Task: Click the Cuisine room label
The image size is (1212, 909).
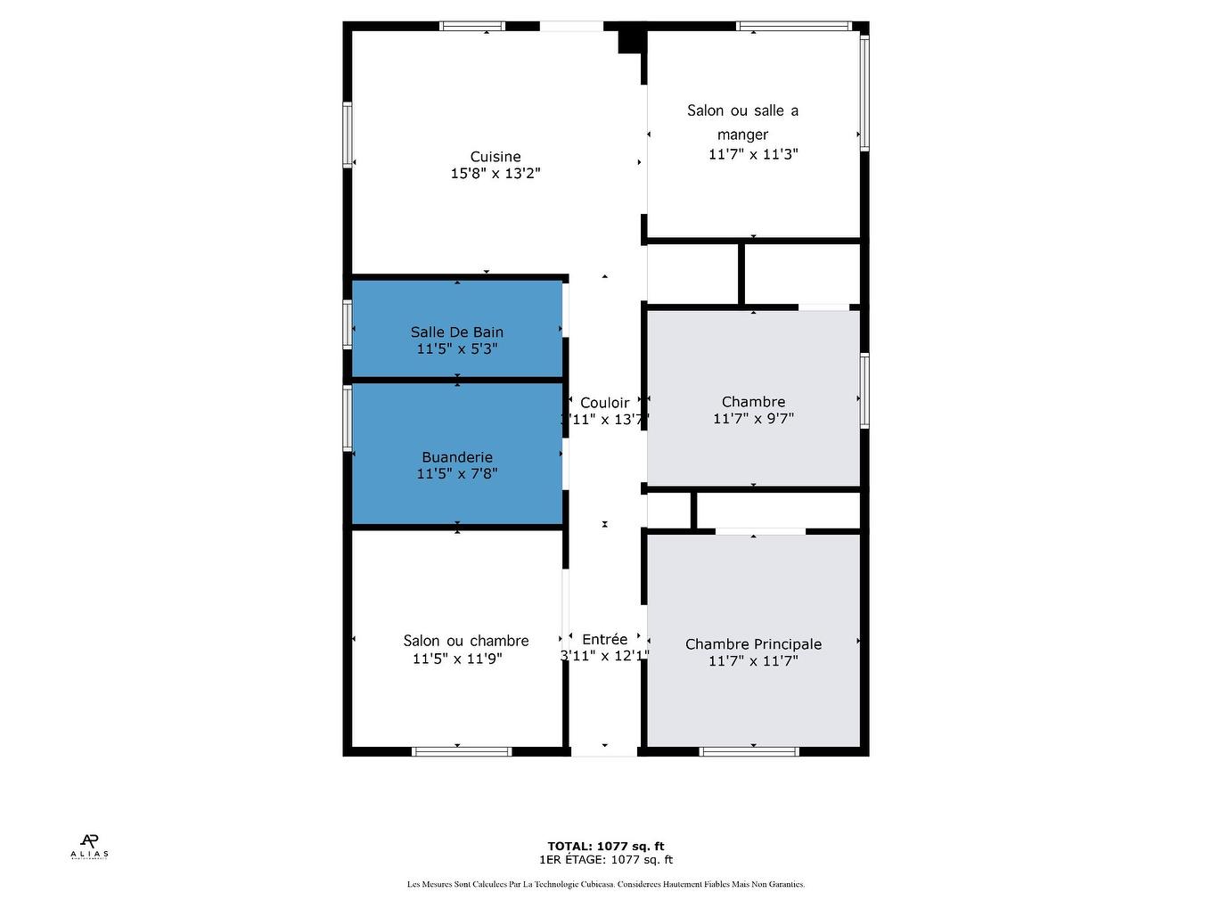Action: [495, 157]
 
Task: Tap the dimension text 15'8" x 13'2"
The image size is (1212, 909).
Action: [495, 174]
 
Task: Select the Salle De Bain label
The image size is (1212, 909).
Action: [457, 332]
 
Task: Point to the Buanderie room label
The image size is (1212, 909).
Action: [457, 457]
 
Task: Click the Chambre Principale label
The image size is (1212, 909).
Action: [753, 644]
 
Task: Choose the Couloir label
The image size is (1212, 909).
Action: [604, 403]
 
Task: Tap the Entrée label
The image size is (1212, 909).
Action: [604, 639]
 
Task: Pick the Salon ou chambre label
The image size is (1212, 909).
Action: [465, 641]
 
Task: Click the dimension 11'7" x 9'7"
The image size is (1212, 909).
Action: [753, 419]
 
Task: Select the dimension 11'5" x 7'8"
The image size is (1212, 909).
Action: [457, 474]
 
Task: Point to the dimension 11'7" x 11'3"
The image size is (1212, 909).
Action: [753, 154]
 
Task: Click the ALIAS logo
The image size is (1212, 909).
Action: [89, 846]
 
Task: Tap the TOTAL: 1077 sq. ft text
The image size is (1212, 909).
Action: [605, 847]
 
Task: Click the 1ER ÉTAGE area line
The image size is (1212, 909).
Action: [605, 860]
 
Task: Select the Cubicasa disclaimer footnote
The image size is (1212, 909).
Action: [605, 884]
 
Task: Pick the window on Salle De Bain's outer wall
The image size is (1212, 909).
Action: [348, 323]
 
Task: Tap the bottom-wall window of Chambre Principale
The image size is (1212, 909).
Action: [749, 751]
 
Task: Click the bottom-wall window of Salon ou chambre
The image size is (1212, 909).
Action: [462, 751]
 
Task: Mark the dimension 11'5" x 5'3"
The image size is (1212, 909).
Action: [457, 349]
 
